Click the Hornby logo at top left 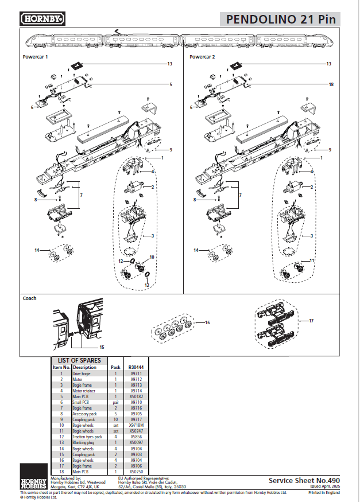coord(43,19)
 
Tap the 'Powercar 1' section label coord(35,57)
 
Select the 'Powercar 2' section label coord(202,57)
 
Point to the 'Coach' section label coord(29,298)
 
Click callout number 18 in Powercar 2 coord(331,84)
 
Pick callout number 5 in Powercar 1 coord(171,84)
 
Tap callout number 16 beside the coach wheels coord(207,323)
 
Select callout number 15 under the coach coord(102,347)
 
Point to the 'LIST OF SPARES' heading coord(79,360)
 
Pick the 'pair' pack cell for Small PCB coord(115,402)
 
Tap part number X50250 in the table coord(136,471)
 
